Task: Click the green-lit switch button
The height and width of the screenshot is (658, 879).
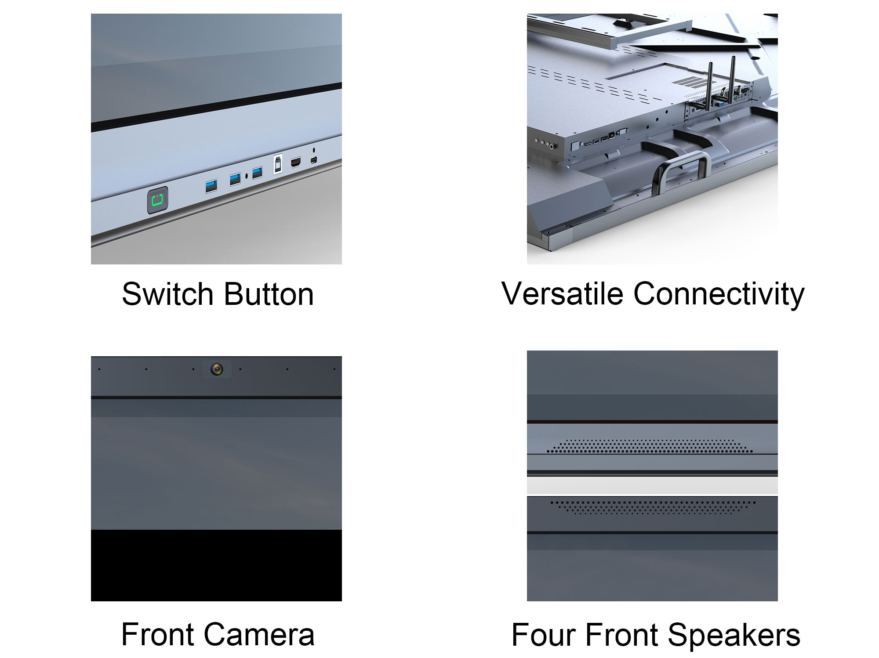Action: [x=157, y=201]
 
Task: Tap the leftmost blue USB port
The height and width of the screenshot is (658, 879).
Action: [x=211, y=186]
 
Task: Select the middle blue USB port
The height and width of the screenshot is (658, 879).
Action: [x=235, y=179]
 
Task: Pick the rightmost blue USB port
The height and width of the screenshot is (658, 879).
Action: [x=258, y=173]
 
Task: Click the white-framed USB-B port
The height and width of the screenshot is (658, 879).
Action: [x=278, y=164]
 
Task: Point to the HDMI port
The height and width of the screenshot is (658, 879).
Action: [x=296, y=163]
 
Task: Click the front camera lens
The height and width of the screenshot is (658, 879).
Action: [x=216, y=369]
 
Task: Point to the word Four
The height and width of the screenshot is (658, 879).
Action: [x=544, y=635]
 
